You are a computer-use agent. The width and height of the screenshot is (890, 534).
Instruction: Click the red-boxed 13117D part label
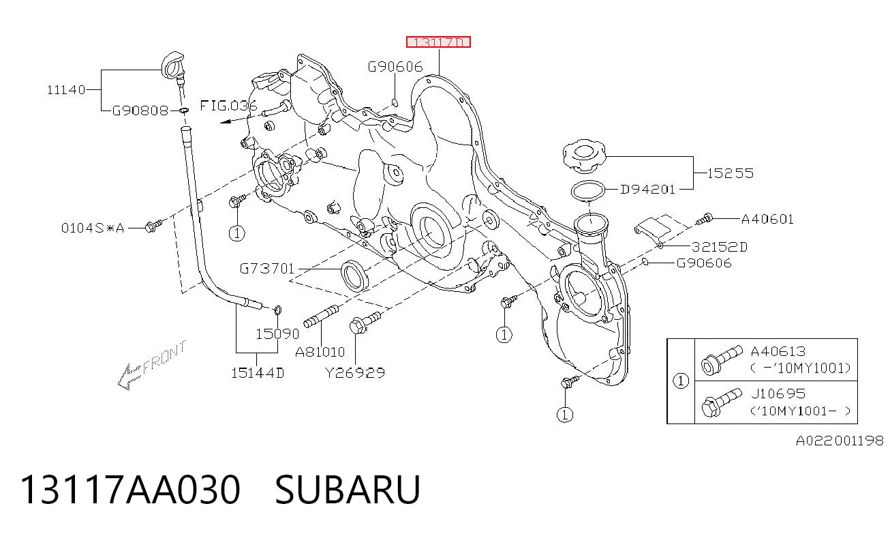438,42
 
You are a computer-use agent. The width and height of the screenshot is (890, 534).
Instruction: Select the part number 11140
66,90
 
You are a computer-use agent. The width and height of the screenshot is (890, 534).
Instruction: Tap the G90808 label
140,110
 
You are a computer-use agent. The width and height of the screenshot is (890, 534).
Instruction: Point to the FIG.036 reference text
228,106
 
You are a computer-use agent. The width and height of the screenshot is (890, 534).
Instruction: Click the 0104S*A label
93,228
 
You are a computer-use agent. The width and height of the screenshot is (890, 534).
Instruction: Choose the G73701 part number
267,269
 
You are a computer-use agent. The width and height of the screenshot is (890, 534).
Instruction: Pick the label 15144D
258,373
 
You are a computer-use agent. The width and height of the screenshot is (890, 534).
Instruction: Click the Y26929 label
355,373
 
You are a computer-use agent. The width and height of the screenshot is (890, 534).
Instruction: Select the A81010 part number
320,352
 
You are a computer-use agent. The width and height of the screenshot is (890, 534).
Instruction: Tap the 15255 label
731,173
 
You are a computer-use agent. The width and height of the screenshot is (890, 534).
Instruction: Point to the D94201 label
648,190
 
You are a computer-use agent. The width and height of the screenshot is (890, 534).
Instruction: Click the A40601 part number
767,219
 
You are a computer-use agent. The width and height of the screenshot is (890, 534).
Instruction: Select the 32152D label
720,247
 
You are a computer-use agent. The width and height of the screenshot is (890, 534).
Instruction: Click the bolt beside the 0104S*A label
153,226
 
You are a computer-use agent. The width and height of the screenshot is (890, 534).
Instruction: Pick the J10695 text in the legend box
778,394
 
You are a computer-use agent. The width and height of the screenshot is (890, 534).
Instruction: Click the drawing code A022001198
840,441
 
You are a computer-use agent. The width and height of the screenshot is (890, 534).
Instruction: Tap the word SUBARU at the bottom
348,490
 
